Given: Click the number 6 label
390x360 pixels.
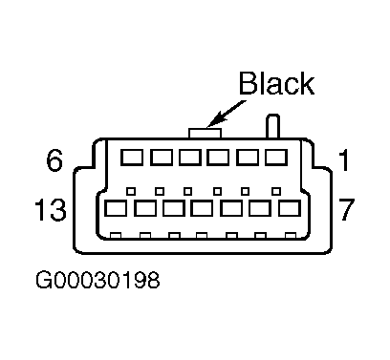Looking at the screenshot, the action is [x=54, y=160].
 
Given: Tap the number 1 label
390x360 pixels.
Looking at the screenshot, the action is [x=343, y=160].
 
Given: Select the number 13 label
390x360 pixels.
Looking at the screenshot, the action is [x=51, y=209].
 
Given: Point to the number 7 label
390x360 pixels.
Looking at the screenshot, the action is [x=346, y=209].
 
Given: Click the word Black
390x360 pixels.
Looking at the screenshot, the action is [x=276, y=83].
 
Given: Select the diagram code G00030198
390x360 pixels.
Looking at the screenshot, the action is [x=97, y=280].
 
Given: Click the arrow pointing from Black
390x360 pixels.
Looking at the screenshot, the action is [x=227, y=114].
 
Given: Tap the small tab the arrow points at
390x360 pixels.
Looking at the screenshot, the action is [x=205, y=133].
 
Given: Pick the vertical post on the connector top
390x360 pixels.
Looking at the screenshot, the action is [x=273, y=126].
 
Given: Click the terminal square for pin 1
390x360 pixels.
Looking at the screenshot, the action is [x=276, y=157].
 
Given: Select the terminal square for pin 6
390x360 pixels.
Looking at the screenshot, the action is [x=132, y=157].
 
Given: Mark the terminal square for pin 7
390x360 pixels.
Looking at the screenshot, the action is [x=290, y=208].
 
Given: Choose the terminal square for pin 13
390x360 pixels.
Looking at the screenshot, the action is [x=116, y=208].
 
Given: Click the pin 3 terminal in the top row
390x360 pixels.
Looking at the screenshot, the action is [x=218, y=157].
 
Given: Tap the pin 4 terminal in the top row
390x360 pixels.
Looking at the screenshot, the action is [x=190, y=157].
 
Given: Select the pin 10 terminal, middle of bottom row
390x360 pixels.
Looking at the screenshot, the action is [x=202, y=208].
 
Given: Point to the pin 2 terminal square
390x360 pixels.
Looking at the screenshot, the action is [x=248, y=157].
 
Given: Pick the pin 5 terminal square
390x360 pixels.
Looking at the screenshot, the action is [x=162, y=157].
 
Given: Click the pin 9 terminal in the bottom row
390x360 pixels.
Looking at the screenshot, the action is [x=231, y=208].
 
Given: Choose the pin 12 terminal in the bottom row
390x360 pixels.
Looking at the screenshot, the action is [x=145, y=208].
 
